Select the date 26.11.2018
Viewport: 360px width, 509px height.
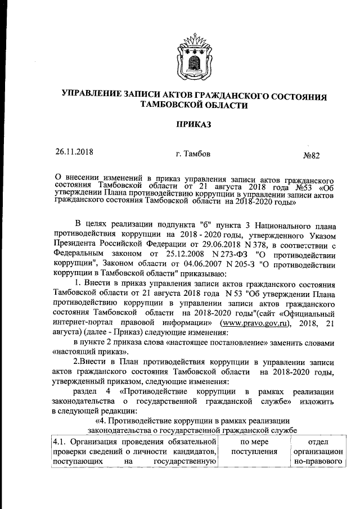pyautogui.click(x=74, y=151)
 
